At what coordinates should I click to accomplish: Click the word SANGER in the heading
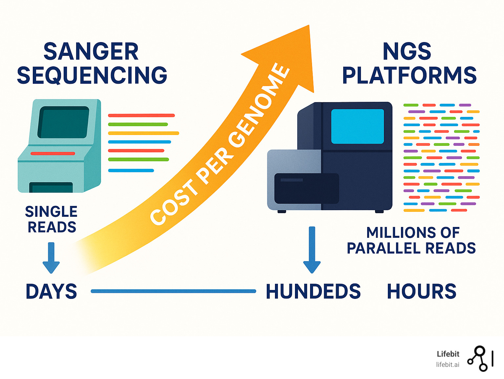91,52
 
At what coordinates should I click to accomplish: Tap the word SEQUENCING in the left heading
92,75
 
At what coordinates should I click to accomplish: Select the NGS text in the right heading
407,52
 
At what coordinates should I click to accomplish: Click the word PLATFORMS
409,75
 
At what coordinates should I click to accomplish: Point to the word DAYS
51,291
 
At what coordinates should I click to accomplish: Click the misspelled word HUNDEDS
313,291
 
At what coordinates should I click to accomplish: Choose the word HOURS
422,291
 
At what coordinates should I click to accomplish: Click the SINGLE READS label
52,219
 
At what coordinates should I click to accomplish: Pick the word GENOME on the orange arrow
260,105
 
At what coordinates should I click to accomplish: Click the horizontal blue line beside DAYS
173,291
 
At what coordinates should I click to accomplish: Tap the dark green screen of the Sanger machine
63,122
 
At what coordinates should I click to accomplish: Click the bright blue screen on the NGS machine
357,126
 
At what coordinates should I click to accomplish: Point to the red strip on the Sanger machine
53,153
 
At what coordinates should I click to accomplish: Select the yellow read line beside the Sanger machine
143,133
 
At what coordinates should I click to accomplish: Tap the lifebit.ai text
448,365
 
